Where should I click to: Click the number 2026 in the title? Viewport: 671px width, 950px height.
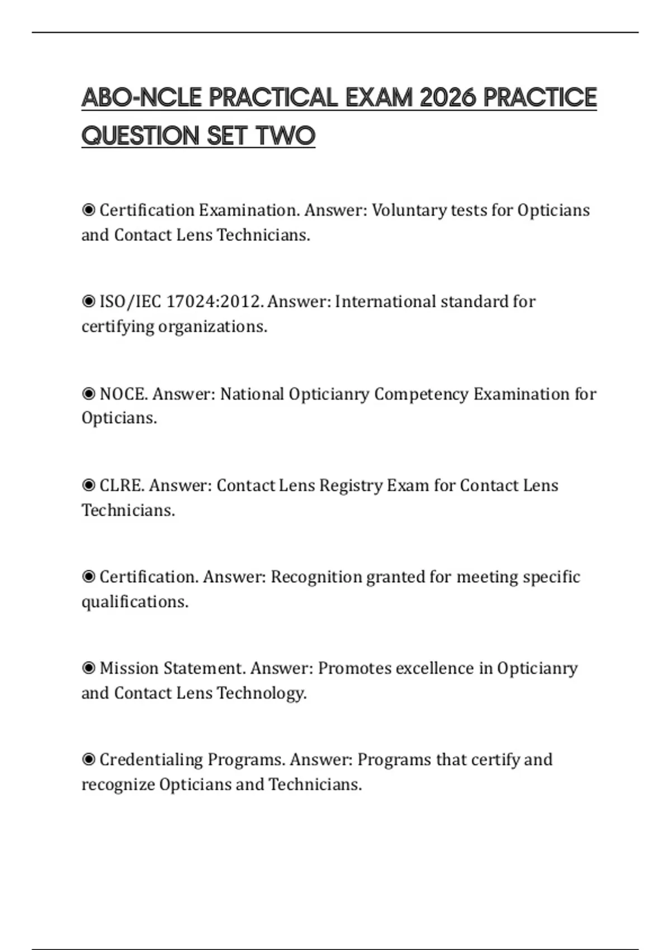pos(447,98)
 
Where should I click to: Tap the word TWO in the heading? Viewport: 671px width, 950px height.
pos(286,136)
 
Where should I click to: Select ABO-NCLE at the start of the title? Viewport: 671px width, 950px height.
pos(141,98)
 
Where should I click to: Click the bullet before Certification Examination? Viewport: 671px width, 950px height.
pos(88,210)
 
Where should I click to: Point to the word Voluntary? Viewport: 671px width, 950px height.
pos(409,211)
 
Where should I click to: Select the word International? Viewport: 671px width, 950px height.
pos(385,302)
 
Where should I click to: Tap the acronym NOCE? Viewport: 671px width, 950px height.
pos(123,394)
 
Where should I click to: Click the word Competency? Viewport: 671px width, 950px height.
pos(421,394)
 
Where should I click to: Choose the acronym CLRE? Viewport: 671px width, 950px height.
pos(121,486)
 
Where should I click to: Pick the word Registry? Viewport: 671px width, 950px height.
pos(351,486)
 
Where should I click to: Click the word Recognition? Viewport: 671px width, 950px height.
pos(316,577)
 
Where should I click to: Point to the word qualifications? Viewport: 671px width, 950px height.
pos(135,602)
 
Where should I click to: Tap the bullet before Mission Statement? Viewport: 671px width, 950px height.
pos(88,668)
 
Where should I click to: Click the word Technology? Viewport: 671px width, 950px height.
pos(262,693)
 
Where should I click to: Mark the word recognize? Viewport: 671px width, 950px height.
pos(118,785)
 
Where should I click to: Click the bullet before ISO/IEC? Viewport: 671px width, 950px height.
pos(88,302)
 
